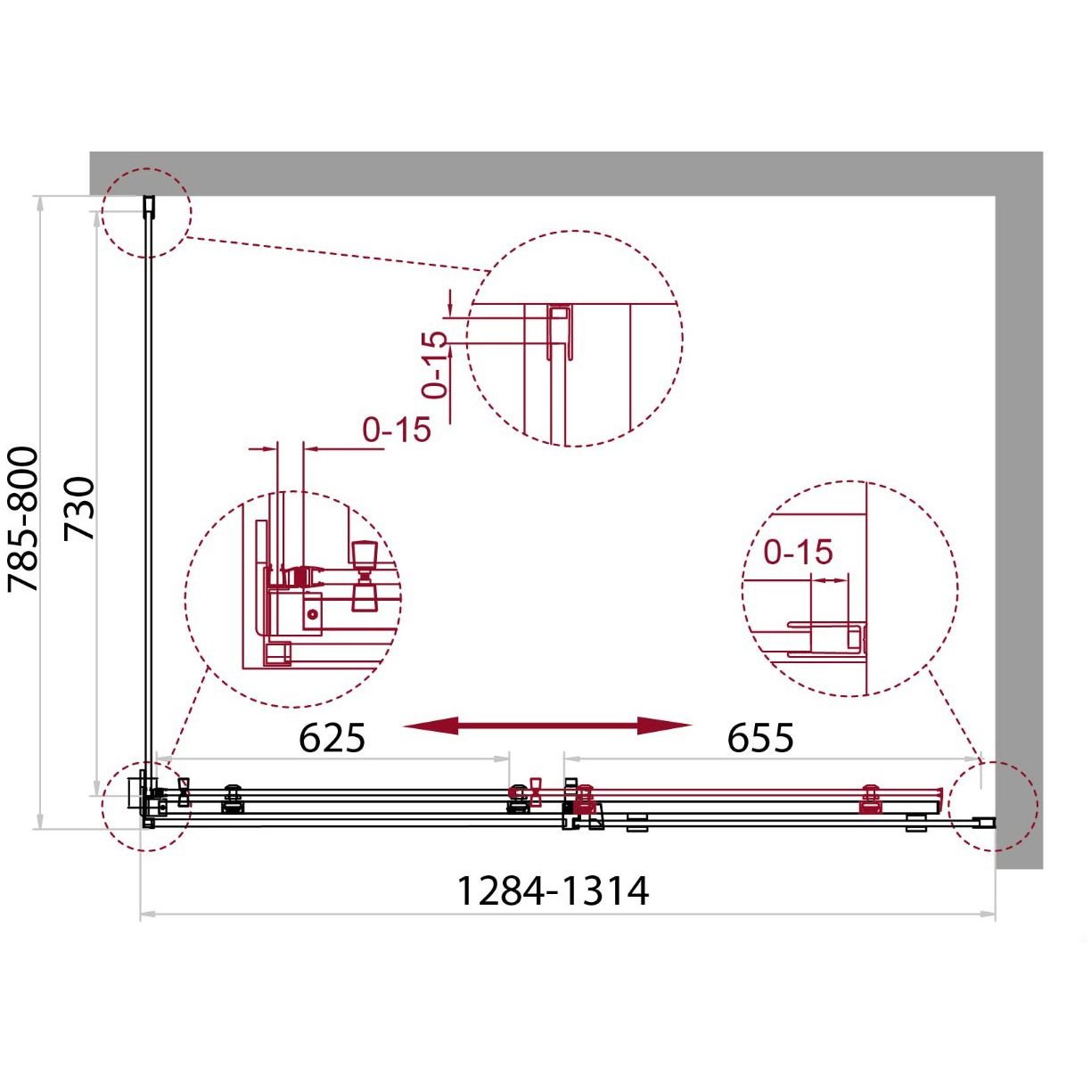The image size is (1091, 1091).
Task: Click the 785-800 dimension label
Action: (22, 519)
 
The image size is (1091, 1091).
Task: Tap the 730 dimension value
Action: (78, 509)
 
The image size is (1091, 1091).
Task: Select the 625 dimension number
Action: (332, 738)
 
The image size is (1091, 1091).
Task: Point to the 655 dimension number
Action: (760, 738)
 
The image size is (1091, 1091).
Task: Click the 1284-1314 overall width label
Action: (553, 891)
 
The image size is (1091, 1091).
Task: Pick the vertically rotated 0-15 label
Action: (435, 365)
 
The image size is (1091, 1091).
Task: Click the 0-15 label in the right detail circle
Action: (799, 552)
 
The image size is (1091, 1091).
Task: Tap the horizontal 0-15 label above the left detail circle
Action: (397, 430)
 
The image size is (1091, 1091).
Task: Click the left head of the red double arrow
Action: (431, 726)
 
